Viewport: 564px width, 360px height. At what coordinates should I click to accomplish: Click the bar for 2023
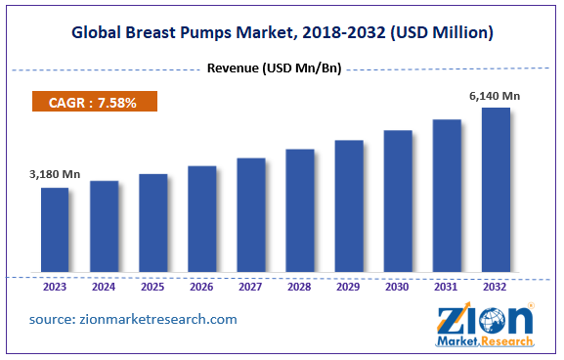click(x=55, y=230)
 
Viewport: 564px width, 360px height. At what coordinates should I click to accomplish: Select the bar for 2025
click(x=152, y=223)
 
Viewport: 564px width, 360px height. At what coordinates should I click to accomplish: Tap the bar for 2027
click(x=250, y=215)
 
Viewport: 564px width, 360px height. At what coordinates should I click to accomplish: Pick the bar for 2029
click(x=349, y=206)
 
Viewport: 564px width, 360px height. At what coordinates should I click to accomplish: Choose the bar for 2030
click(x=398, y=202)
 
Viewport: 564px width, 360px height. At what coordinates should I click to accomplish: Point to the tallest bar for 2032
click(x=496, y=190)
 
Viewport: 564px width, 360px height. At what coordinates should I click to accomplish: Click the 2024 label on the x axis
click(x=105, y=288)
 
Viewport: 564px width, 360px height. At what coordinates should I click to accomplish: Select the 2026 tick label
click(x=202, y=288)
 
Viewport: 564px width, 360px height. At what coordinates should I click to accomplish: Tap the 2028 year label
click(x=300, y=288)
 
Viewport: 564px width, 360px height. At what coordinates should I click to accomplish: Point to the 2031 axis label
click(x=447, y=288)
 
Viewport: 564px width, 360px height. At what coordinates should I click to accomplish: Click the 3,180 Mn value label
click(x=54, y=174)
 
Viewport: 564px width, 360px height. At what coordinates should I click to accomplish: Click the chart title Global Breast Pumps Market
click(x=282, y=33)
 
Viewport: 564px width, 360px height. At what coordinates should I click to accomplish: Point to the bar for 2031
click(x=447, y=196)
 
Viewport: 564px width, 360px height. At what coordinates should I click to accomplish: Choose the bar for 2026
click(x=201, y=219)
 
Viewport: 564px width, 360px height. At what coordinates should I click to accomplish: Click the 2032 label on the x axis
click(x=496, y=288)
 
